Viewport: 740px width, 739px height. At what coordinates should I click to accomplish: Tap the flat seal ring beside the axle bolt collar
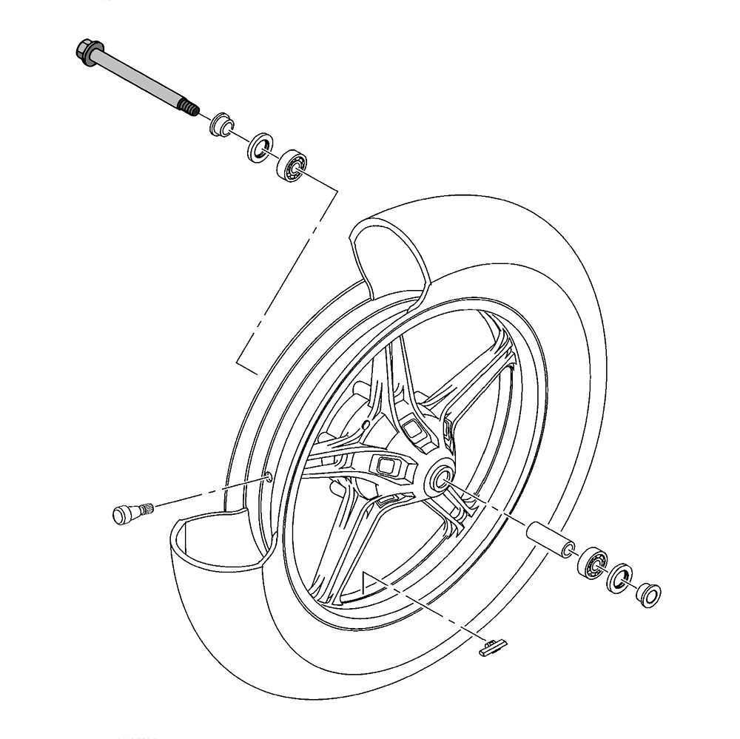pyautogui.click(x=258, y=148)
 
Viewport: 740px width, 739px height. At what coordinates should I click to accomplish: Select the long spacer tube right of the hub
pyautogui.click(x=548, y=539)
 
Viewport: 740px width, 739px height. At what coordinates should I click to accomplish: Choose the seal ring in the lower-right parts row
pyautogui.click(x=620, y=577)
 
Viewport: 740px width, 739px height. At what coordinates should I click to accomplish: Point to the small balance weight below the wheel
pyautogui.click(x=491, y=647)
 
